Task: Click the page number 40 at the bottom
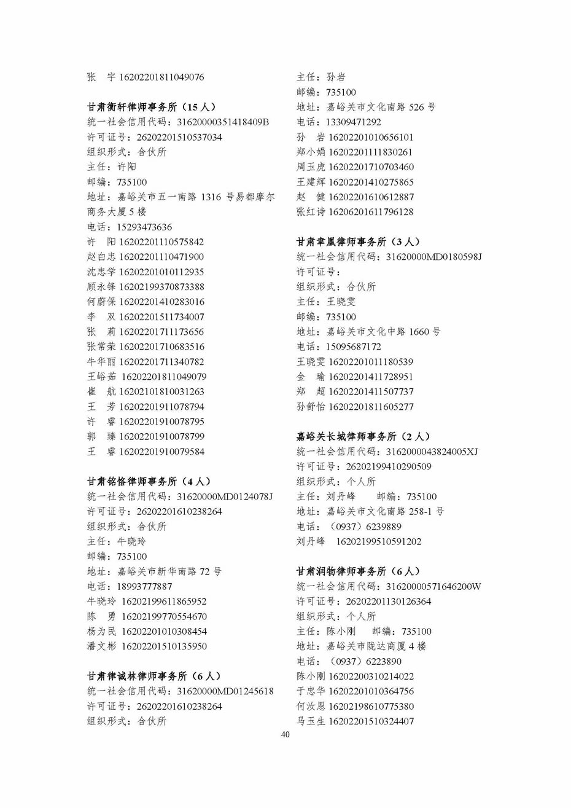[x=285, y=735]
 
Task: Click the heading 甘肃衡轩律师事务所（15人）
[x=151, y=107]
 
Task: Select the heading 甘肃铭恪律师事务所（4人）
[x=149, y=481]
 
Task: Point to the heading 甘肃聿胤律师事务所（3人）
[x=358, y=241]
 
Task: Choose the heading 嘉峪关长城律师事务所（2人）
[x=363, y=436]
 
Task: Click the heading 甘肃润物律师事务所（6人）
[x=358, y=571]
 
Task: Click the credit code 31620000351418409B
[x=223, y=122]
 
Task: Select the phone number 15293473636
[x=144, y=227]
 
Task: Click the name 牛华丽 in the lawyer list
[x=101, y=362]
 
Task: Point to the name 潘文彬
[x=101, y=646]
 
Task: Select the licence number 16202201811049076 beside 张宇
[x=161, y=77]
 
